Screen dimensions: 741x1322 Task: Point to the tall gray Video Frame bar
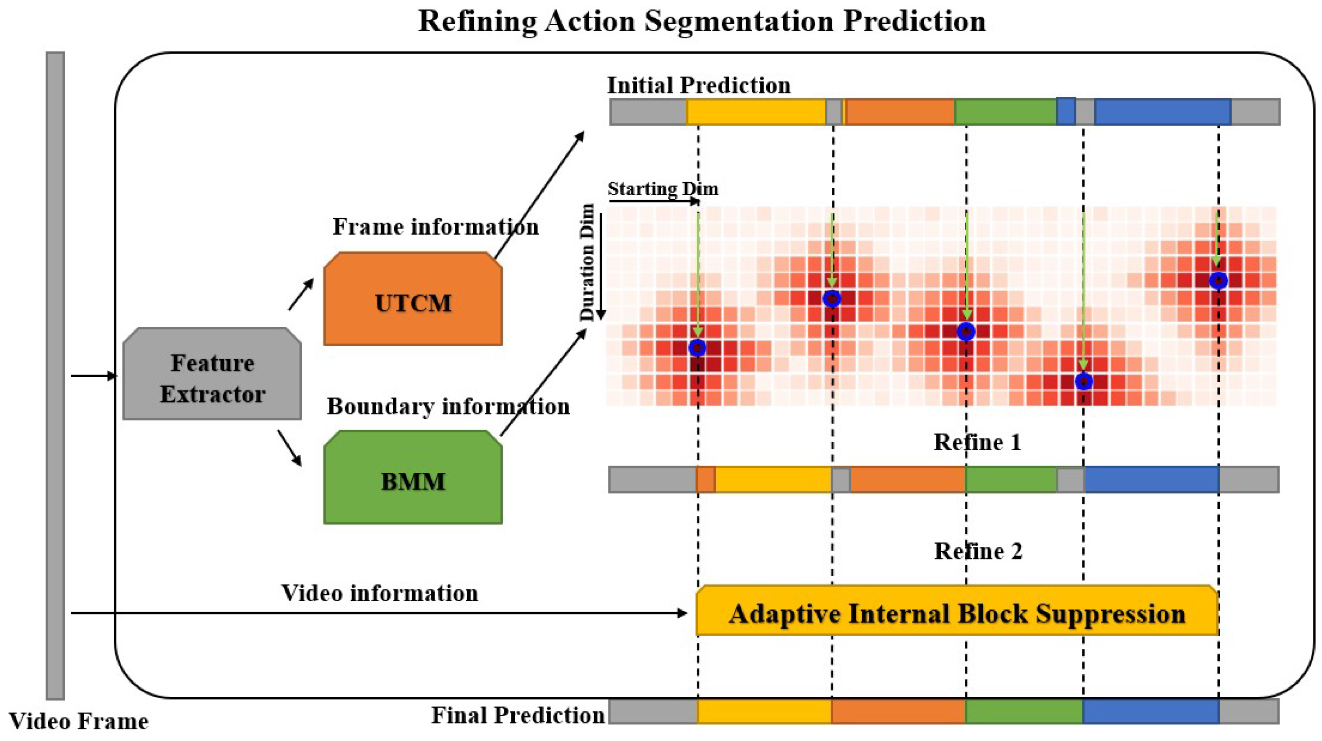click(55, 375)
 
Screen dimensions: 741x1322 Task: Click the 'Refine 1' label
click(977, 442)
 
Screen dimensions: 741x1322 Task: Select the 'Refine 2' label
click(977, 551)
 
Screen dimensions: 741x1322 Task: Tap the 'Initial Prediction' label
click(699, 85)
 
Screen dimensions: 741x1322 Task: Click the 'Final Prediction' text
click(517, 715)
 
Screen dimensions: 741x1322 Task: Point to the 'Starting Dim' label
click(663, 189)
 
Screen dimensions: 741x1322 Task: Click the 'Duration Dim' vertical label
click(586, 262)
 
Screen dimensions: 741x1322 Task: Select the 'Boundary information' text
click(448, 406)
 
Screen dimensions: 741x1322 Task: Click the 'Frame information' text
click(435, 226)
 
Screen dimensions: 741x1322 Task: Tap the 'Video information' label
click(379, 593)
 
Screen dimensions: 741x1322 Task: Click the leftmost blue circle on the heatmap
click(697, 348)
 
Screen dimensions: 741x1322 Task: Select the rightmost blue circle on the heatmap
click(1218, 281)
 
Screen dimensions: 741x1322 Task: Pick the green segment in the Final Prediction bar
click(1024, 712)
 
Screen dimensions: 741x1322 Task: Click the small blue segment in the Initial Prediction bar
click(1066, 111)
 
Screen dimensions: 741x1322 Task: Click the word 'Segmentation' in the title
click(739, 22)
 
